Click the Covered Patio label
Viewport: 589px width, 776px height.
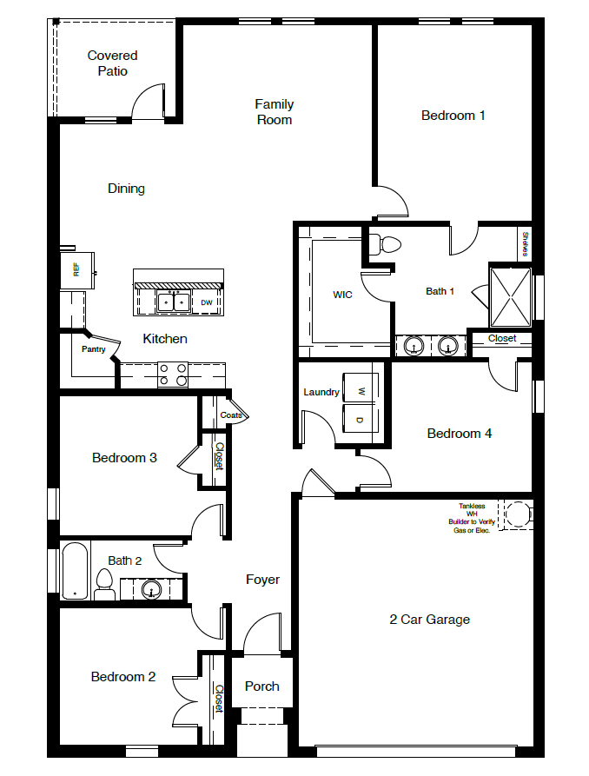coord(112,63)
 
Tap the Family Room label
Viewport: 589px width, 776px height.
coord(274,112)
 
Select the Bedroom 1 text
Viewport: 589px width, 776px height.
coord(453,115)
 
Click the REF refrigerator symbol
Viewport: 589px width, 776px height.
coord(77,270)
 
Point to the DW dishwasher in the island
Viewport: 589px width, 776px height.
coord(206,302)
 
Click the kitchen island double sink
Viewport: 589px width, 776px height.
coord(173,302)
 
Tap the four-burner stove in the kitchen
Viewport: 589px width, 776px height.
coord(172,375)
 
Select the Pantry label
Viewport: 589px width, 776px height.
coord(93,349)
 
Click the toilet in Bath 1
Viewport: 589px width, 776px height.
coord(387,245)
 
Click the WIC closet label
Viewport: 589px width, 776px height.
coord(342,295)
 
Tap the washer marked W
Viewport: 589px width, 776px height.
coord(361,388)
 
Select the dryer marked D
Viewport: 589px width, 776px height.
coord(361,417)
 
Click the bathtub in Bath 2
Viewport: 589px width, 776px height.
coord(75,571)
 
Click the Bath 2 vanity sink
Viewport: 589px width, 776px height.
coord(152,590)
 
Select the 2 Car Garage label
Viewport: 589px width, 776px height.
coord(429,620)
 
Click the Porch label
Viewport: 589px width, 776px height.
coord(261,686)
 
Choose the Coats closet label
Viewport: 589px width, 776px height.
coord(231,415)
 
